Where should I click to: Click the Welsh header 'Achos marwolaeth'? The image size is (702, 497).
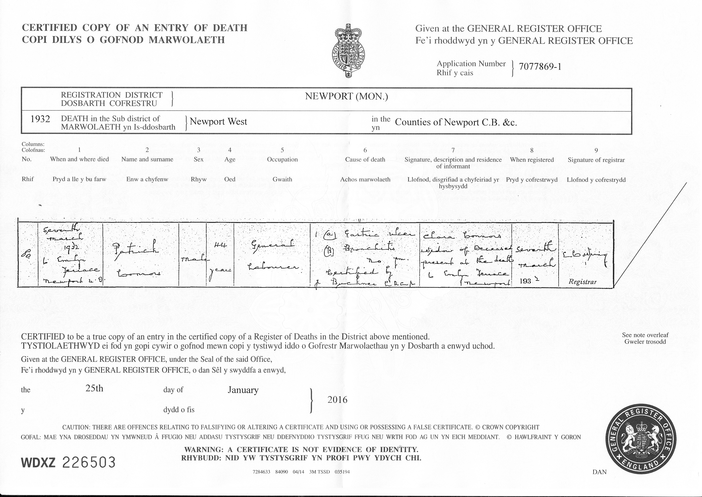click(365, 180)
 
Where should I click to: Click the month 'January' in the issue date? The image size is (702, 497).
click(243, 390)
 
